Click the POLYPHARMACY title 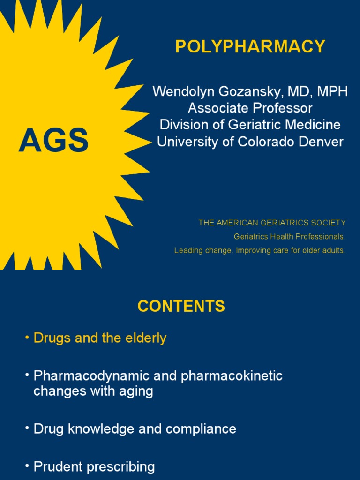coord(250,47)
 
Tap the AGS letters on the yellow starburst coord(53,141)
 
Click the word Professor coord(283,108)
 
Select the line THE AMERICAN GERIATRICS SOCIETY coord(272,223)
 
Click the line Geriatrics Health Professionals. coord(290,237)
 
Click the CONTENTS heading coord(181,307)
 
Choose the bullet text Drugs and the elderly coord(100,338)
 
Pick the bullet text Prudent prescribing coord(94,467)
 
